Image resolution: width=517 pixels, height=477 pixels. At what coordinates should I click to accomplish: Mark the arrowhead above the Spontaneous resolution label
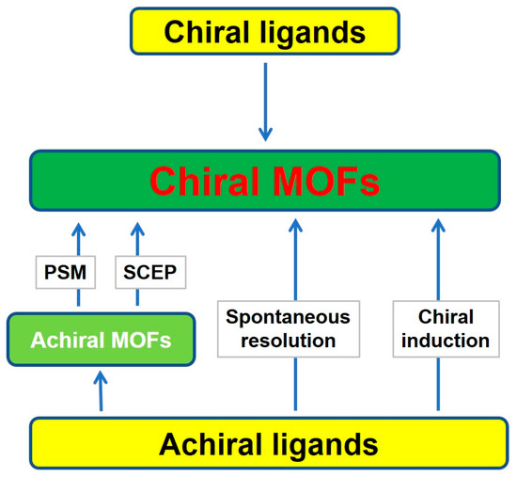(x=296, y=227)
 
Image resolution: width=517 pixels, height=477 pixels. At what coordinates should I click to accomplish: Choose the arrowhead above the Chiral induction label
(x=437, y=227)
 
